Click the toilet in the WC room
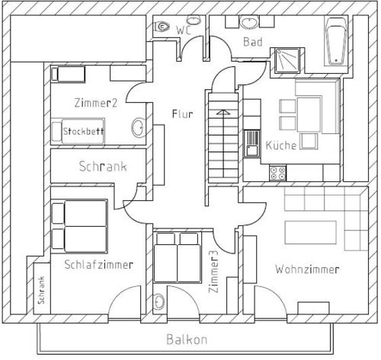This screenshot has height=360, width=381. [x=162, y=26]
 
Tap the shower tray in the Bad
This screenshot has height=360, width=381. [x=287, y=60]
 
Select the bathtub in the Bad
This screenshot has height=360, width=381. [x=336, y=41]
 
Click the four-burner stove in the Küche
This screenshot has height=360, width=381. [x=277, y=173]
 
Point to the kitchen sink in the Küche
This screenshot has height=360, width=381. [x=251, y=143]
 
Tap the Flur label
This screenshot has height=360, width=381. [x=182, y=114]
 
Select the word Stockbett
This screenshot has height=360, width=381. [x=83, y=131]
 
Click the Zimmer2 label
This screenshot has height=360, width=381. [x=96, y=103]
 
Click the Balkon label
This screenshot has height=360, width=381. [x=187, y=339]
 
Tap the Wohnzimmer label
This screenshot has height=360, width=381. [x=307, y=269]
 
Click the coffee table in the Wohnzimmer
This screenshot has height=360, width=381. [x=310, y=232]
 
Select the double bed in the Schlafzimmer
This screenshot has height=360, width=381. [x=79, y=226]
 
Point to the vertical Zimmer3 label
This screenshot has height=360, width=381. [x=213, y=272]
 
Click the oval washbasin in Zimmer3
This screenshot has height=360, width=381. [x=158, y=301]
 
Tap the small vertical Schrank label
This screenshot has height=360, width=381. [x=41, y=290]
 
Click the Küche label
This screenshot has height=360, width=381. [x=281, y=145]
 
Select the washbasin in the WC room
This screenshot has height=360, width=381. [x=194, y=21]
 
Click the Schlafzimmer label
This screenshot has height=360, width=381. [x=99, y=265]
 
